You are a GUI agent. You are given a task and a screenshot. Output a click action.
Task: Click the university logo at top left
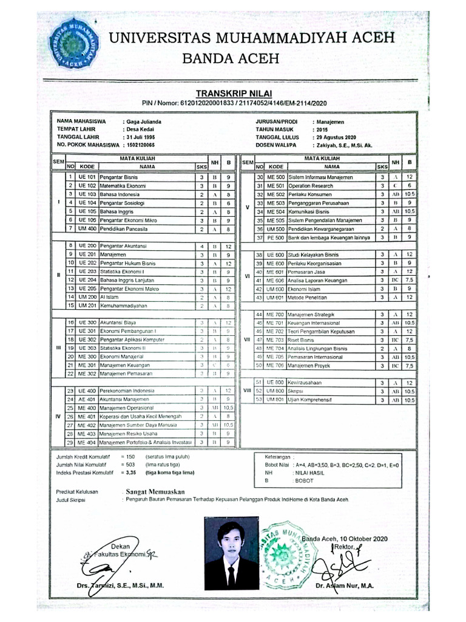click(x=75, y=44)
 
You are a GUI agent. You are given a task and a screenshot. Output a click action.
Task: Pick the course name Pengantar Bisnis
click(x=119, y=177)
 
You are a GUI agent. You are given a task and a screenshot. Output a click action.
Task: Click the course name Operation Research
click(x=311, y=185)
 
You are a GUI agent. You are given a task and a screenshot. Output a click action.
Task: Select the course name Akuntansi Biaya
click(x=118, y=322)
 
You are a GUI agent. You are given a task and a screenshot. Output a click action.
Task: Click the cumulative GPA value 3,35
click(x=128, y=471)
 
